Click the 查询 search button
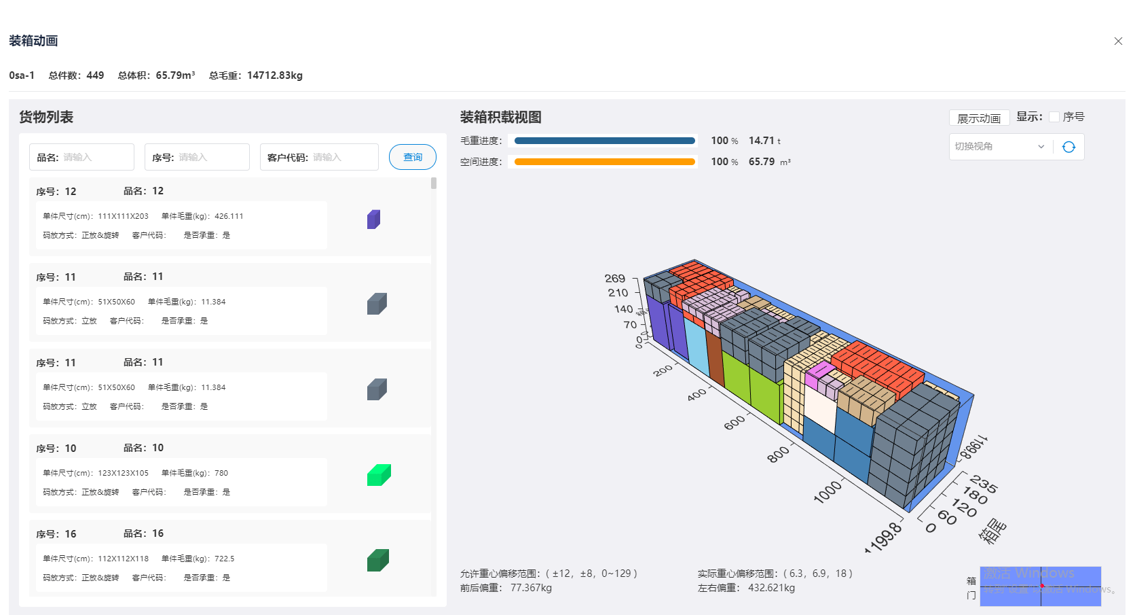tap(412, 157)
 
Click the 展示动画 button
tap(978, 118)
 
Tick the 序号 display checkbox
tap(1054, 117)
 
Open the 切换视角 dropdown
tap(999, 147)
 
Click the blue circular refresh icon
tap(1069, 147)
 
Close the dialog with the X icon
tap(1118, 41)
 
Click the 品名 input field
tap(95, 157)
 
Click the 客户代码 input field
tap(343, 157)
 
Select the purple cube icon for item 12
tap(373, 219)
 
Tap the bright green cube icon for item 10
tap(379, 475)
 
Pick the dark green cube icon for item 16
tap(377, 561)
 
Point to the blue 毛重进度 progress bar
tap(604, 141)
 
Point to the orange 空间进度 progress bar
tap(604, 162)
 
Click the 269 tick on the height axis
tap(615, 279)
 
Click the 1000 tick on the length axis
tap(827, 492)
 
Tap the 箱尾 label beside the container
tap(992, 531)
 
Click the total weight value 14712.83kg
tap(274, 75)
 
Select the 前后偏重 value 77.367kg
tap(531, 588)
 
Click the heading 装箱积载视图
tap(500, 117)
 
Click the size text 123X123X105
tap(123, 473)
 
